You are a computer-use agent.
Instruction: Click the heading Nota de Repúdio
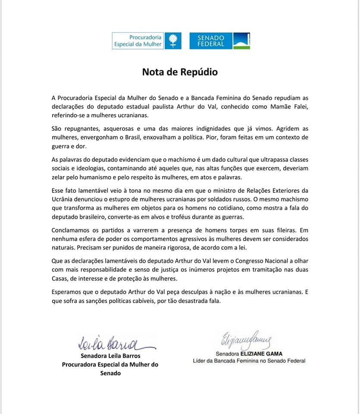tap(180, 72)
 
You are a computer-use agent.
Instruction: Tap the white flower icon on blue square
tap(172, 41)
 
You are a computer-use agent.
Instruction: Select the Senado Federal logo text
tap(210, 41)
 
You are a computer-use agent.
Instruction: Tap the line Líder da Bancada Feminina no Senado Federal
tap(249, 361)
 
